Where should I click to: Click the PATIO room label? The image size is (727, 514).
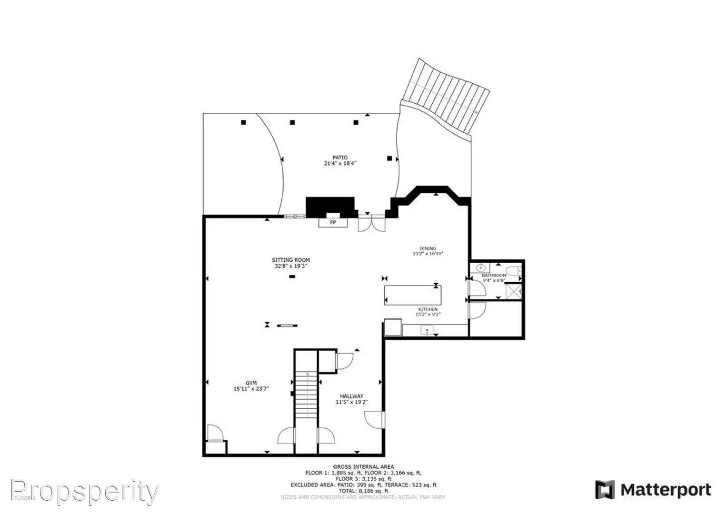pos(339,158)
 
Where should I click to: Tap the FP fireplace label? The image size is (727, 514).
pos(333,222)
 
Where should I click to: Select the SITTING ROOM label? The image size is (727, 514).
pos(290,260)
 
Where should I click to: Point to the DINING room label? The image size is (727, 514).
pos(428,248)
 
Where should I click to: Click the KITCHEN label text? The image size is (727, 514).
pos(428,309)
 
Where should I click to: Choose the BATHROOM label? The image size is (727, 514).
pos(494,276)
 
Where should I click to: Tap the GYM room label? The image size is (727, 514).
pos(251,383)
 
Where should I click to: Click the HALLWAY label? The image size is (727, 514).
pos(351,396)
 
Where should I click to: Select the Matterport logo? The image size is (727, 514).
pos(653,490)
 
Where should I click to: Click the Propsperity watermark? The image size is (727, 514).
pos(84,492)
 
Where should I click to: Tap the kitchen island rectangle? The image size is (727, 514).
pos(413,295)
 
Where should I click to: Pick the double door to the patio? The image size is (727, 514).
pos(371,224)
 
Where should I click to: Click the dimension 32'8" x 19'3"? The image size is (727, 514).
pos(290,266)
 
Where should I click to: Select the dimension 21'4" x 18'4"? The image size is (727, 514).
pos(339,163)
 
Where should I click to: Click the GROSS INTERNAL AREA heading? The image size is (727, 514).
pos(363,467)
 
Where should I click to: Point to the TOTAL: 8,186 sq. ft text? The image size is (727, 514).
pos(363,491)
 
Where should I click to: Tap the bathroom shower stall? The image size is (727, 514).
pos(513,290)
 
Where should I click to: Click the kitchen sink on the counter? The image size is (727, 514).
pos(427,329)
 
